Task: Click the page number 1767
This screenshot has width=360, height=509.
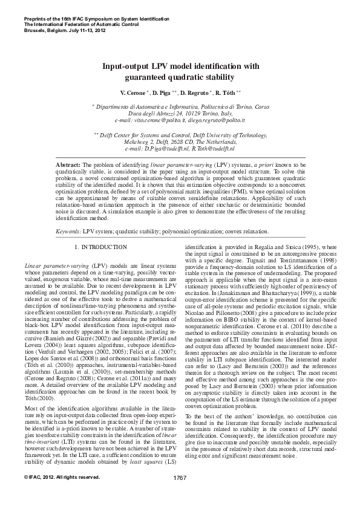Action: (180, 495)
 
